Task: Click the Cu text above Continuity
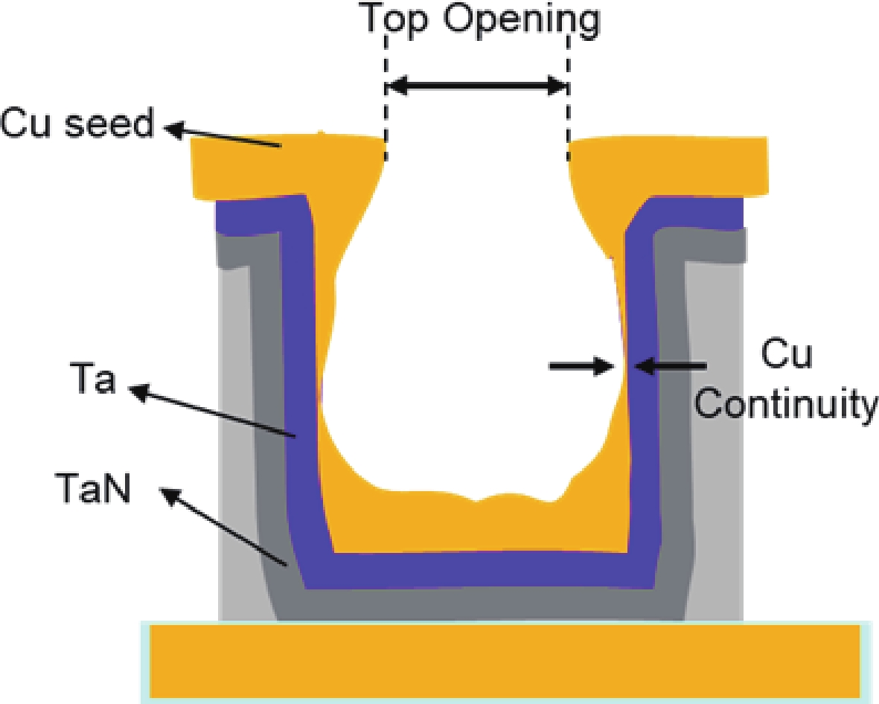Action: (x=786, y=356)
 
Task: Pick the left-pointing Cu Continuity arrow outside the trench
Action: (x=670, y=365)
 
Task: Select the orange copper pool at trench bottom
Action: (x=476, y=528)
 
